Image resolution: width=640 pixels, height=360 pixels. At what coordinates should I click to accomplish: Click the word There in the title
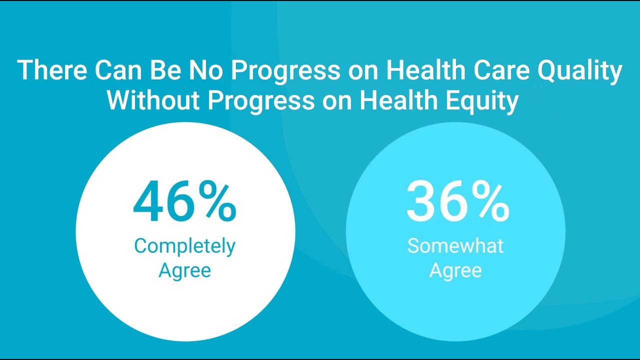point(52,70)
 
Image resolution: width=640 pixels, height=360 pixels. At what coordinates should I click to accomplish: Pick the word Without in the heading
point(153,100)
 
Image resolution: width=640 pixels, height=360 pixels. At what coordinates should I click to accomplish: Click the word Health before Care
point(425,70)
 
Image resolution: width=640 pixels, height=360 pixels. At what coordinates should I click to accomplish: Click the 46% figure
point(184,201)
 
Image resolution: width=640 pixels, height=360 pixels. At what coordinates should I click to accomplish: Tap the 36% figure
point(457,201)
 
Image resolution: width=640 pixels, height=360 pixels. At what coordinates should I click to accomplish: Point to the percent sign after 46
point(217,201)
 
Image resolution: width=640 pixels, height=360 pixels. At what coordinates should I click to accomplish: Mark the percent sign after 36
point(490,201)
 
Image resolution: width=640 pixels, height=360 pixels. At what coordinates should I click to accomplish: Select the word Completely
point(185,246)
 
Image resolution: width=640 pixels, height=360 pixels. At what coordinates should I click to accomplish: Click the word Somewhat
point(455,245)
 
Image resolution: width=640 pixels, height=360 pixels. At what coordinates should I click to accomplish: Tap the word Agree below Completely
point(185,271)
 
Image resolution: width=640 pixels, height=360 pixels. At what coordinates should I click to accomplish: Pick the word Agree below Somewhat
point(455,271)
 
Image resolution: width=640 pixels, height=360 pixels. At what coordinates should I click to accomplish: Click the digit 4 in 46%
point(148,201)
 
